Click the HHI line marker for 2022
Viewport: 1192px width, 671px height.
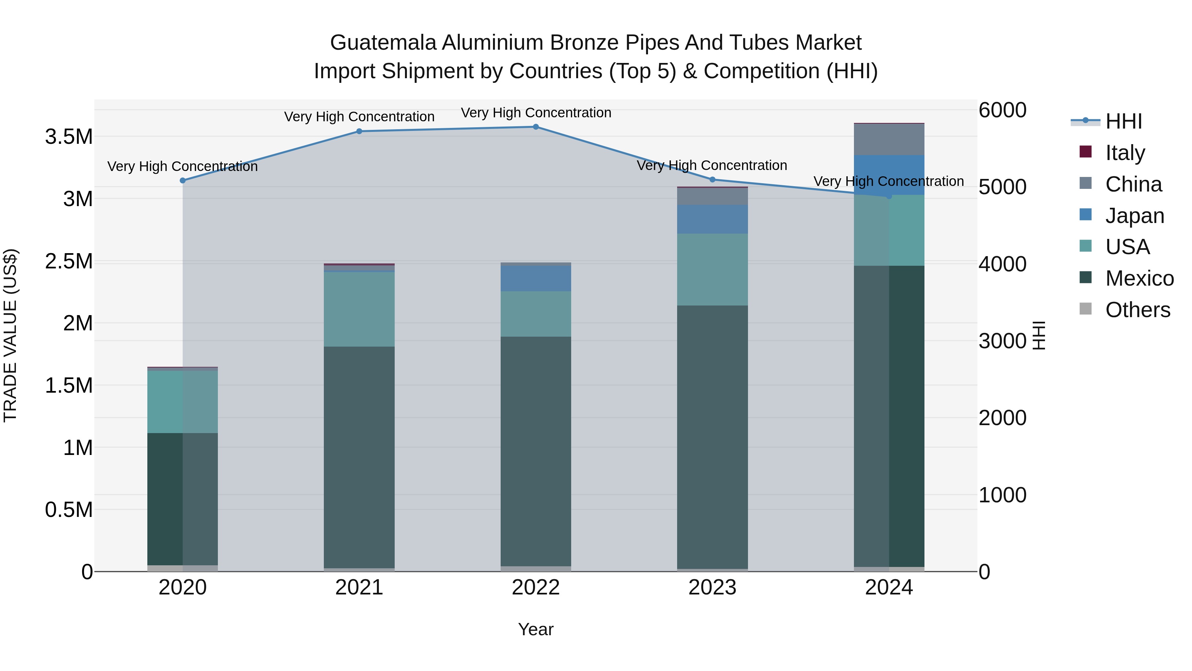536,127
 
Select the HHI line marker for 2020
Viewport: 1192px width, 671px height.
183,181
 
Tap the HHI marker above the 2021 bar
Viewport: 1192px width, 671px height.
359,132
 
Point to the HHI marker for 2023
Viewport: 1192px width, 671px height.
713,180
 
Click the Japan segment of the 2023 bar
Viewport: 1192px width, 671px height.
713,219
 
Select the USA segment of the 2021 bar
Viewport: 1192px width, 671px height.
359,309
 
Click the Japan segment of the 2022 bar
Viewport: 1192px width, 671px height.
536,278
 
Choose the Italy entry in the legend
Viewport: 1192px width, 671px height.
1125,153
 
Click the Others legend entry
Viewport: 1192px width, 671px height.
1137,310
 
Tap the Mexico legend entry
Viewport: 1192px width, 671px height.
1139,278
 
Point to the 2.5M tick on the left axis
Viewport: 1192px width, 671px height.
69,261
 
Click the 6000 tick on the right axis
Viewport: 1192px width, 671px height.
1002,110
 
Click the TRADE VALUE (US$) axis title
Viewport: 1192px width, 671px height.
11,335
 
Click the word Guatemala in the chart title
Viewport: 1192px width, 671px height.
383,43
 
